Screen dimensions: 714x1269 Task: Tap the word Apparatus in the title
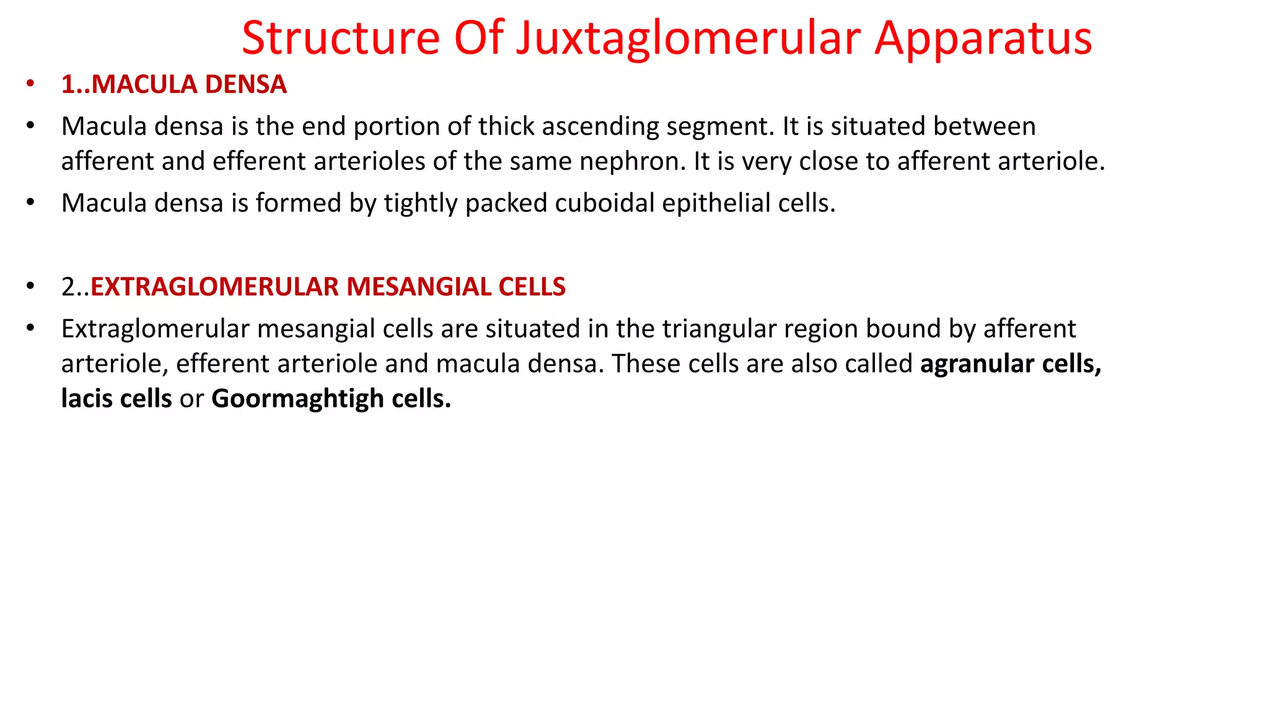pyautogui.click(x=983, y=38)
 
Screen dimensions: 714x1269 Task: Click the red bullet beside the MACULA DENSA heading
pyautogui.click(x=30, y=84)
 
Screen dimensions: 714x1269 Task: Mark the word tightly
pyautogui.click(x=421, y=203)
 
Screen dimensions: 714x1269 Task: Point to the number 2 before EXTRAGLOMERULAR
pyautogui.click(x=68, y=287)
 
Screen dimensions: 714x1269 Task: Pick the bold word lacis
pyautogui.click(x=87, y=399)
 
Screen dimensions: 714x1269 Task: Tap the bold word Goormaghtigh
pyautogui.click(x=297, y=399)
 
